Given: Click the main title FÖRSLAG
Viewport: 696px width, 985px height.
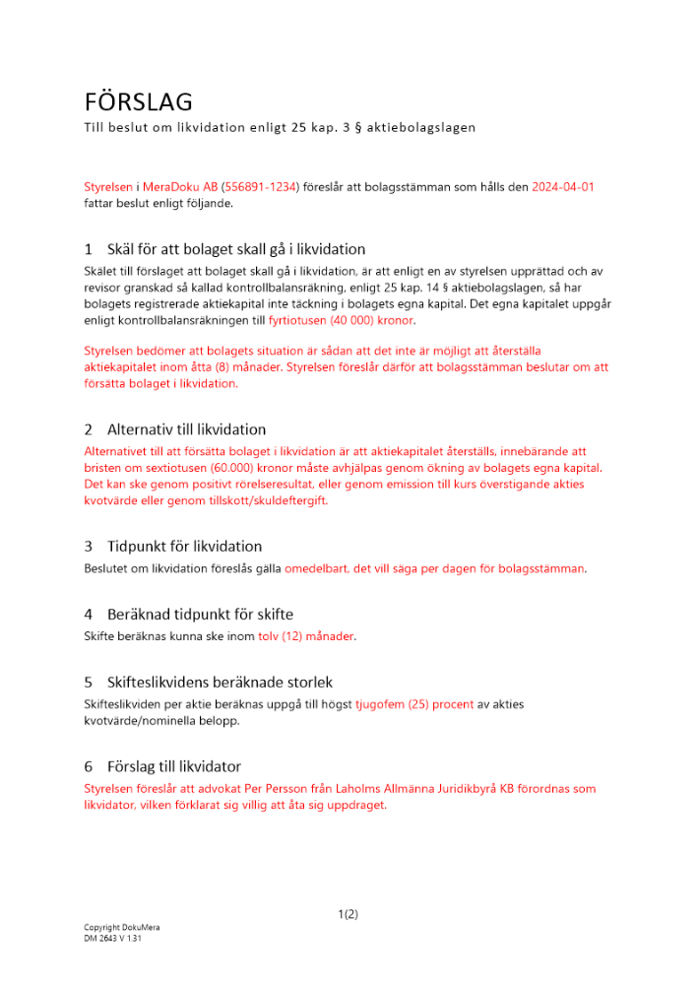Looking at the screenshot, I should (x=137, y=101).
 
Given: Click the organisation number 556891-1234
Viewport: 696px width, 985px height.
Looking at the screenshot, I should (x=260, y=186).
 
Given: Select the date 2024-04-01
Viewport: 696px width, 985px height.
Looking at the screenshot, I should (x=563, y=186).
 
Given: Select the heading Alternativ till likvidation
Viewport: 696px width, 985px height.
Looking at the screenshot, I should (x=186, y=429).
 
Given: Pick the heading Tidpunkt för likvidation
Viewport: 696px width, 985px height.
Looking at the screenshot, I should (x=184, y=546).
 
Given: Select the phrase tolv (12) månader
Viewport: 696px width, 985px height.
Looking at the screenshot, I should (x=305, y=636).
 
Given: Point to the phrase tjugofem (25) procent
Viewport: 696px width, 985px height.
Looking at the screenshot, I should (x=414, y=704).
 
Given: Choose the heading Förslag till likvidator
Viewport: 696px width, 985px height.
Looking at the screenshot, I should (x=173, y=765).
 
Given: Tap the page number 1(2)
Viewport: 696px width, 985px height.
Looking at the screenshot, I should (x=348, y=914).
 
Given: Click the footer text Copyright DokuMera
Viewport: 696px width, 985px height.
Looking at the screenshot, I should (x=121, y=928).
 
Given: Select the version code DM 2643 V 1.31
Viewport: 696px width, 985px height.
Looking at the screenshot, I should (x=114, y=939).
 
